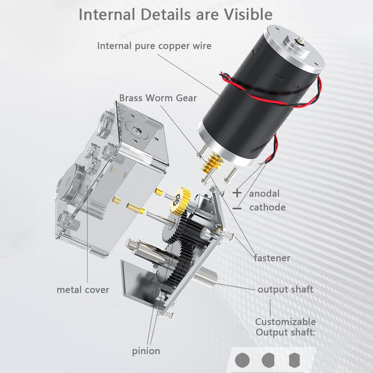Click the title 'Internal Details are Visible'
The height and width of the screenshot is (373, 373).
tap(176, 15)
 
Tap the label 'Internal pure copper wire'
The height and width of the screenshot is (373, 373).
tap(154, 46)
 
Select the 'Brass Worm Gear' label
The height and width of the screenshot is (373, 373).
tap(158, 98)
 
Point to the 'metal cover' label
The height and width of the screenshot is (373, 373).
tap(83, 290)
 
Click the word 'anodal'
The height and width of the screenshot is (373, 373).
tap(264, 194)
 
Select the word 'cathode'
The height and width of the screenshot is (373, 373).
tap(267, 207)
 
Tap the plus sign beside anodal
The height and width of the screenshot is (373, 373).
tap(237, 193)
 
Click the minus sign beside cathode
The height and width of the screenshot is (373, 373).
tap(237, 209)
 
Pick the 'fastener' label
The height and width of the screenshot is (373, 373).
tap(272, 258)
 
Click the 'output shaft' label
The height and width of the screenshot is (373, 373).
tap(285, 290)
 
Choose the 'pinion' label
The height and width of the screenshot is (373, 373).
tap(146, 351)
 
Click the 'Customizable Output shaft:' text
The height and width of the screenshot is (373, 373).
tap(285, 327)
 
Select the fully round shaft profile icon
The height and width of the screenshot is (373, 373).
tap(242, 360)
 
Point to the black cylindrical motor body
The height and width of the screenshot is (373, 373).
tap(260, 95)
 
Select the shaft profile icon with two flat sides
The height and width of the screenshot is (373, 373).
tap(294, 360)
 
